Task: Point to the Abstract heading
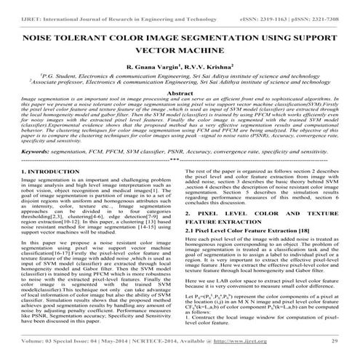tap(180, 94)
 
